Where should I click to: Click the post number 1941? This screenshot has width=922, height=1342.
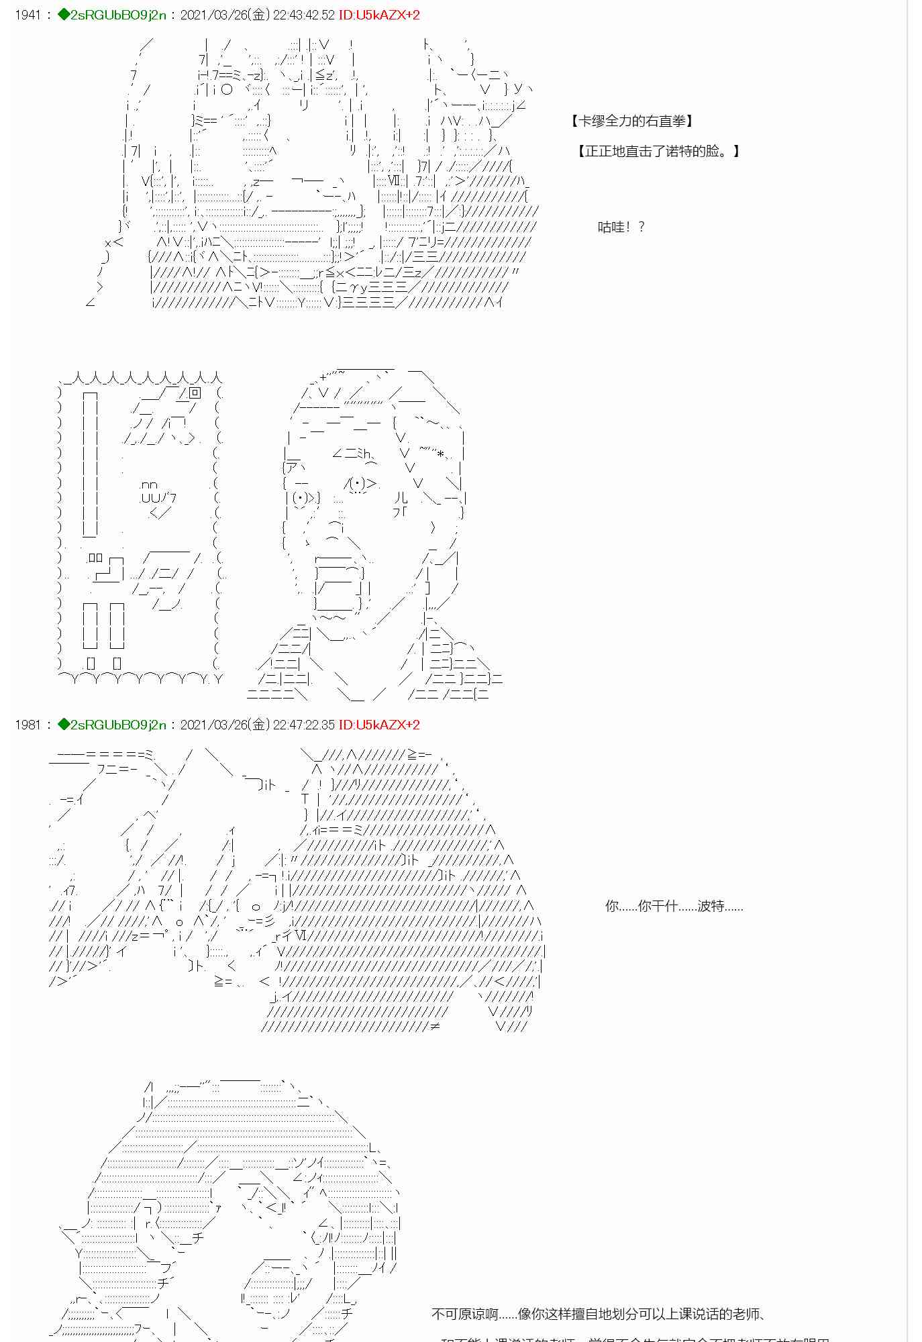coord(28,15)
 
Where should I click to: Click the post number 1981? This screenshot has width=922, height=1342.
coord(28,725)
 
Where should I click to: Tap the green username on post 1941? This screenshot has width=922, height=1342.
coord(117,15)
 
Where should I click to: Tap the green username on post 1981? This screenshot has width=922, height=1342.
coord(117,725)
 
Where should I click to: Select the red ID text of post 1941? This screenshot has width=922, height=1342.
coord(379,15)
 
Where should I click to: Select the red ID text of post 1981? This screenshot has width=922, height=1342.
coord(379,725)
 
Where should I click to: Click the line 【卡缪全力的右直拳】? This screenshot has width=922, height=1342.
coord(631,121)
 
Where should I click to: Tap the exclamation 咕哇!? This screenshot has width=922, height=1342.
coord(621,227)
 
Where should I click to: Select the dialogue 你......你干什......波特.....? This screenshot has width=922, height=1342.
coord(674,907)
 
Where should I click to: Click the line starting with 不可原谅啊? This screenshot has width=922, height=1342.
coord(599,1314)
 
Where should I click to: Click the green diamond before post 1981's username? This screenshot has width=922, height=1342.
coord(64,725)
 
